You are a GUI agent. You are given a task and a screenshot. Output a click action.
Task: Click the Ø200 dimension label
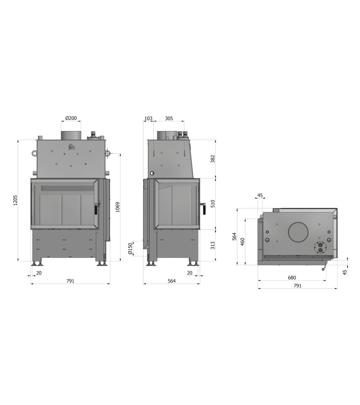pos(71,118)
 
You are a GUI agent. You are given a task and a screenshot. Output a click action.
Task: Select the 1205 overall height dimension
pos(15,200)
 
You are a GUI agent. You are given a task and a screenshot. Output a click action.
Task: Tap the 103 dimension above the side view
pos(148,118)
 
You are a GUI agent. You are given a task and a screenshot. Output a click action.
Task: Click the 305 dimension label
pos(169,118)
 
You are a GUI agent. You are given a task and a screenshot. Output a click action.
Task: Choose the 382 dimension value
pos(212,159)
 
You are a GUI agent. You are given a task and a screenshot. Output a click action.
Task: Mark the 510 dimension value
pos(212,204)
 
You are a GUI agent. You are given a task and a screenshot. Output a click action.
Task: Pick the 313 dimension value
pos(212,245)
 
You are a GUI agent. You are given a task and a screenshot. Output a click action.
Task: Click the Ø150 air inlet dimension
pos(130,248)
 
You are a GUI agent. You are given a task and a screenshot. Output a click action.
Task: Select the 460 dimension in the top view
pos(242,241)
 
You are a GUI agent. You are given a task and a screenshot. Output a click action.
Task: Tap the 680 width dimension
pos(292,278)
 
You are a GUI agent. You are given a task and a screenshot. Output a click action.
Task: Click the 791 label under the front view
pos(70,281)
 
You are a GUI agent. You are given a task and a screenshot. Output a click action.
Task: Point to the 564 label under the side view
pos(171,281)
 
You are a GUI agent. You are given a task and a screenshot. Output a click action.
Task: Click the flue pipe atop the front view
pos(71,135)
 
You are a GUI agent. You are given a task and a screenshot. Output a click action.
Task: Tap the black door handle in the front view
pos(96,209)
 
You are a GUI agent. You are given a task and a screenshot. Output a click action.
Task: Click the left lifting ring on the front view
pos(33,153)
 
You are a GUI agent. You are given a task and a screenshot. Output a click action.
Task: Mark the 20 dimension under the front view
pos(39,273)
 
